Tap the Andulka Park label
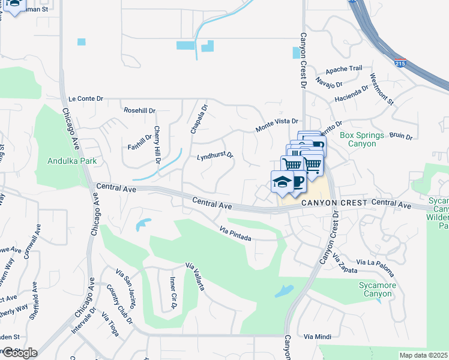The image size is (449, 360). pyautogui.click(x=72, y=161)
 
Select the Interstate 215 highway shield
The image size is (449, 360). pyautogui.click(x=399, y=62)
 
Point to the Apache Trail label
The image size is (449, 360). pyautogui.click(x=344, y=69)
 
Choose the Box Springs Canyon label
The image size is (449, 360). pyautogui.click(x=361, y=139)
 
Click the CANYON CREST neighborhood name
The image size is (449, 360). pyautogui.click(x=333, y=203)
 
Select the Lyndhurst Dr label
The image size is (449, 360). pyautogui.click(x=215, y=157)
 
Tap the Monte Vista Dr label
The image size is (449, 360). pyautogui.click(x=277, y=125)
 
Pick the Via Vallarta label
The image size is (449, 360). pyautogui.click(x=196, y=276)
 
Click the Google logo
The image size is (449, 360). pyautogui.click(x=20, y=352)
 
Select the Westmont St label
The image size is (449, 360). pyautogui.click(x=382, y=89)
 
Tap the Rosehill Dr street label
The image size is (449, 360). pyautogui.click(x=139, y=110)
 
